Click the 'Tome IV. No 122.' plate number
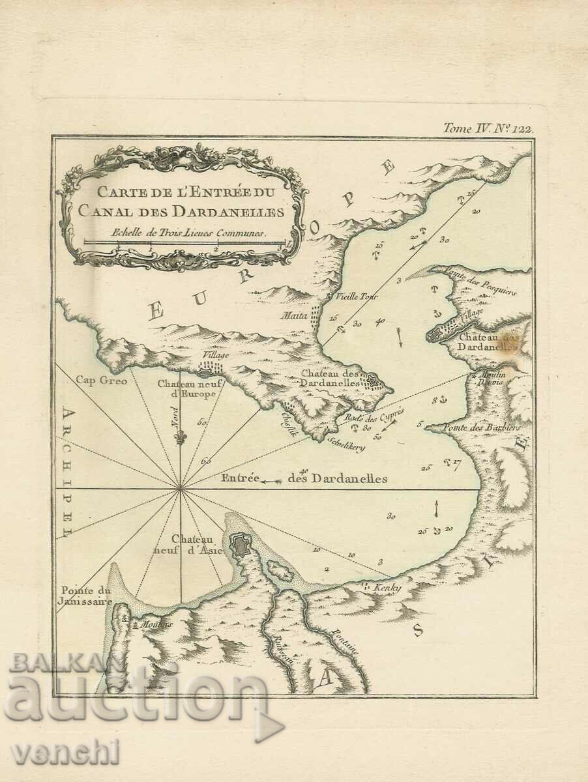pyautogui.click(x=488, y=128)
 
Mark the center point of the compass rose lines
pyautogui.click(x=180, y=487)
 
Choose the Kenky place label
pyautogui.click(x=386, y=588)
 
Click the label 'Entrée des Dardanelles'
pyautogui.click(x=304, y=479)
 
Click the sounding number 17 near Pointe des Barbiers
pyautogui.click(x=456, y=463)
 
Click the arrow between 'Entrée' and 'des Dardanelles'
pyautogui.click(x=271, y=481)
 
